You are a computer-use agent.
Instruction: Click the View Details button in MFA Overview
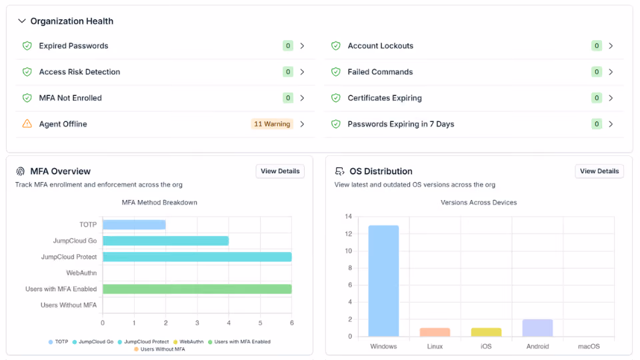(280, 171)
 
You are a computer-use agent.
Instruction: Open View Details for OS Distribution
(599, 171)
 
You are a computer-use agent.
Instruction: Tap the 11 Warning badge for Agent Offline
(272, 124)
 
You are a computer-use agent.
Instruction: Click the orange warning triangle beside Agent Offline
(27, 124)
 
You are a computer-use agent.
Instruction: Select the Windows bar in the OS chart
(383, 281)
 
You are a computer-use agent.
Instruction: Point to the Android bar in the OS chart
(537, 328)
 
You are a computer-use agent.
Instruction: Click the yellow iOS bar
(486, 332)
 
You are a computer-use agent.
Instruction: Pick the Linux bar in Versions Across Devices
(435, 332)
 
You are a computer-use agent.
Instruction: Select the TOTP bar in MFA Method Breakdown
(134, 225)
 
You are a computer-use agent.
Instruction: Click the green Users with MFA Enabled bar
(197, 289)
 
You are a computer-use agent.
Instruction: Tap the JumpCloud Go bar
(166, 241)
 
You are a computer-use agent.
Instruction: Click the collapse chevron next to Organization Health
(21, 21)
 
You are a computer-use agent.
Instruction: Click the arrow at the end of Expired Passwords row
(303, 46)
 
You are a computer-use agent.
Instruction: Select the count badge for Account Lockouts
(596, 46)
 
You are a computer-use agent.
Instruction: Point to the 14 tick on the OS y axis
(348, 216)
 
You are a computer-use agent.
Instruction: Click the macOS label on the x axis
(589, 346)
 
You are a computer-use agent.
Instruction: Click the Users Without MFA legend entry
(159, 349)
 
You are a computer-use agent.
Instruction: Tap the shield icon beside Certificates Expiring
(336, 98)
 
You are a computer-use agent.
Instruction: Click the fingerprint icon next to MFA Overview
(21, 171)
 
